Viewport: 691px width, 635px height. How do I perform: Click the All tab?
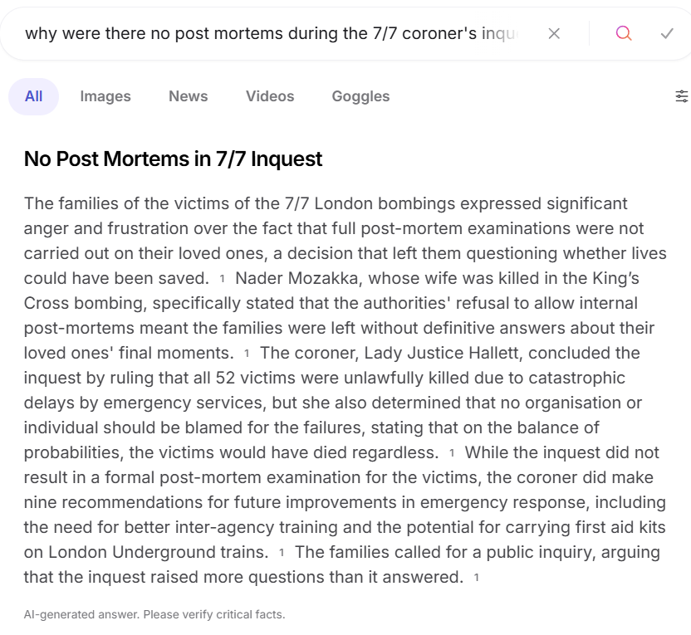33,96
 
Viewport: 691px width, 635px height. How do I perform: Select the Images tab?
105,96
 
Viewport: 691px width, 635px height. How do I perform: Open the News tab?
188,96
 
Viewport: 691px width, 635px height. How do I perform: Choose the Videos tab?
270,96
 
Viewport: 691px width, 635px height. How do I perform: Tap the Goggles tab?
360,96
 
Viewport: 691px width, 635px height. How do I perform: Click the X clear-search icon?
554,33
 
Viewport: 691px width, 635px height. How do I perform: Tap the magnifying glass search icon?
624,33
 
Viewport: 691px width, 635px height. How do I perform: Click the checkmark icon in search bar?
667,33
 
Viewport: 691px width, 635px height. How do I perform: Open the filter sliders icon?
682,96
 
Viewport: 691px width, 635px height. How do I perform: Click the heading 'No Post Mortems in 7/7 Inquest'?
173,159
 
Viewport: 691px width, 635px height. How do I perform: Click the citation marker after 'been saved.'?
223,279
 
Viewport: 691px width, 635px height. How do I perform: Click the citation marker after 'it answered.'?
477,578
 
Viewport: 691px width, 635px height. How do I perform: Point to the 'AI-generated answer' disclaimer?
154,615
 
